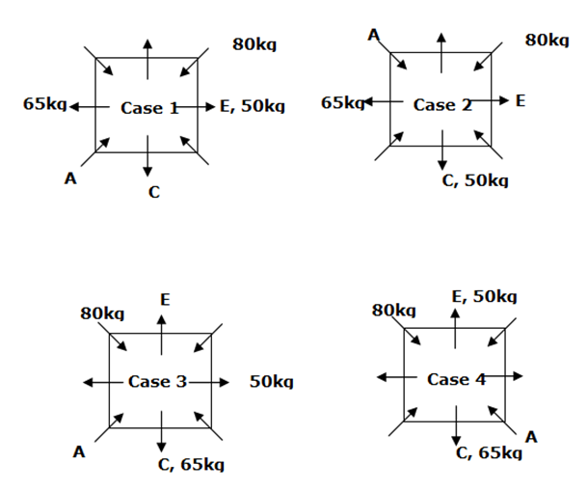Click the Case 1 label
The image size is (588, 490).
pos(149,108)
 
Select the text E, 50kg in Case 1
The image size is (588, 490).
pos(252,107)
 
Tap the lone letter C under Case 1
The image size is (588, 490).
pos(154,192)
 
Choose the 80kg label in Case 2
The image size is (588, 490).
pos(546,41)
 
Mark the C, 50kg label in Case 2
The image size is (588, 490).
pos(476,180)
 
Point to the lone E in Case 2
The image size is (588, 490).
pos(521,100)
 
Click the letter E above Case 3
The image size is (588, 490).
pos(165,300)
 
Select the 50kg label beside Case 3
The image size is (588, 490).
pos(270,382)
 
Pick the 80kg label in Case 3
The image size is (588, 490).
pos(102,313)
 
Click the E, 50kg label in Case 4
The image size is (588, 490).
pos(485,296)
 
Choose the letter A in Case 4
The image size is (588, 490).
pos(531,437)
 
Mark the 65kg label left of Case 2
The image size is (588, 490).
pos(342,102)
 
